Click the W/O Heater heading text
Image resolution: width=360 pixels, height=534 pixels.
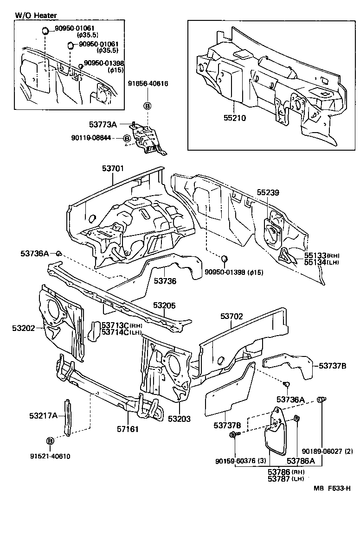click(x=36, y=15)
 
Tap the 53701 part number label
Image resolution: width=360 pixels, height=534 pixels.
click(x=113, y=169)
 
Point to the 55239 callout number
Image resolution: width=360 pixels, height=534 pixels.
click(x=269, y=192)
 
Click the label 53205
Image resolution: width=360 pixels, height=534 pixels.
click(x=165, y=305)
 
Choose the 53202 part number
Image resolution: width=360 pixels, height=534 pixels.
click(x=24, y=328)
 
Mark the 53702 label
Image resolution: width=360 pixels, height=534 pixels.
click(x=231, y=316)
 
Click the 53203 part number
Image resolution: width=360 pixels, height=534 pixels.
click(x=179, y=419)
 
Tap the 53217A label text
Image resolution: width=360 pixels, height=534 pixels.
click(x=42, y=416)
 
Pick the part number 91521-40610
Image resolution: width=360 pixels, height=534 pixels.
click(x=51, y=456)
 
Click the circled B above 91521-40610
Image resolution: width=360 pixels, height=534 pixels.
click(x=50, y=440)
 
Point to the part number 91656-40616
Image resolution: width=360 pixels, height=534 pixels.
click(x=148, y=84)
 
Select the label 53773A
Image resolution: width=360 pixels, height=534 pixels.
click(x=103, y=124)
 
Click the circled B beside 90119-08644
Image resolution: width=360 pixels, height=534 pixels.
click(x=126, y=138)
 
